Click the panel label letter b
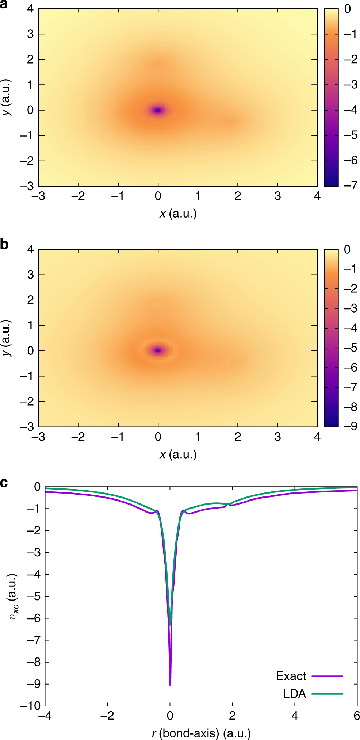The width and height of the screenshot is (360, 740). pos(4,244)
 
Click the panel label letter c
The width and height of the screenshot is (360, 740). pos(4,483)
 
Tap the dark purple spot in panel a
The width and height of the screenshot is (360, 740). pos(158,110)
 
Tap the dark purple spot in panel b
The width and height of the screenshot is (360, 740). pos(158,350)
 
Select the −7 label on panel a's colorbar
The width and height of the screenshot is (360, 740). pos(350,185)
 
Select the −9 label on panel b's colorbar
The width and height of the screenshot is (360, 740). pos(350,426)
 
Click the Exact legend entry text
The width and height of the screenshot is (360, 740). pos(291,676)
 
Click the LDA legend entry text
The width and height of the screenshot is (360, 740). pos(294,694)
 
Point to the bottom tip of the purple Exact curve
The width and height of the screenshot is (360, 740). pos(170,685)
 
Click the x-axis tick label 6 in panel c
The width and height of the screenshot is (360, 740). pos(357,716)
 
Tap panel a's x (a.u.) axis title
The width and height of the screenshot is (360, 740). pos(178,214)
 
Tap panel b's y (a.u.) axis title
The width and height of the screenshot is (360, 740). pos(7,338)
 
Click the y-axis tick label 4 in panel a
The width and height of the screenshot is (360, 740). pos(30,9)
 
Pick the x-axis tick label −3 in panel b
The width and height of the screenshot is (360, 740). pos(38,437)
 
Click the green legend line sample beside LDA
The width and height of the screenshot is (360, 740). pos(327,694)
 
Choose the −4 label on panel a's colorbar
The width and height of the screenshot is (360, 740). pos(350,110)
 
